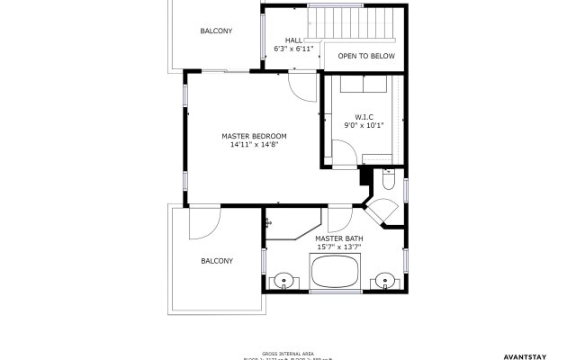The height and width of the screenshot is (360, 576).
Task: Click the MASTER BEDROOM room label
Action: [254, 136]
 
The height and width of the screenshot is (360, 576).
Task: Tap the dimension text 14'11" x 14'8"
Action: [254, 145]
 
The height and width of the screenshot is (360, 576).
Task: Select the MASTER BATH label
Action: [337, 238]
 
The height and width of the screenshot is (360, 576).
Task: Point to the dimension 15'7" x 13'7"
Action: [337, 247]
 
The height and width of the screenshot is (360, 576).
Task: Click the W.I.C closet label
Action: [364, 117]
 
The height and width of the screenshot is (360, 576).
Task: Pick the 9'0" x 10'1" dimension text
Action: [364, 126]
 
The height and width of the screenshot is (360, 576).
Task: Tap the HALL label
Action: [294, 40]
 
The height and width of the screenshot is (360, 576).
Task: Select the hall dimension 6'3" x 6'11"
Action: [294, 49]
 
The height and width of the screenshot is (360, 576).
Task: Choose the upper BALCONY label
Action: [216, 31]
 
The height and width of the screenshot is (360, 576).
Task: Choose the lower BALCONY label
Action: [216, 261]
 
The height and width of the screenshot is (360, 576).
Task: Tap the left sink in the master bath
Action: [284, 280]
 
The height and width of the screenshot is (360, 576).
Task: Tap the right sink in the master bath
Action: [385, 280]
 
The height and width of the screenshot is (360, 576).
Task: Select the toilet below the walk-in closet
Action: [385, 182]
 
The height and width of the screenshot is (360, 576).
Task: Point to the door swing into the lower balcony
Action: [202, 225]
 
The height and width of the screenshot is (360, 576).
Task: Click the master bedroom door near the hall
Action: [303, 85]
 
